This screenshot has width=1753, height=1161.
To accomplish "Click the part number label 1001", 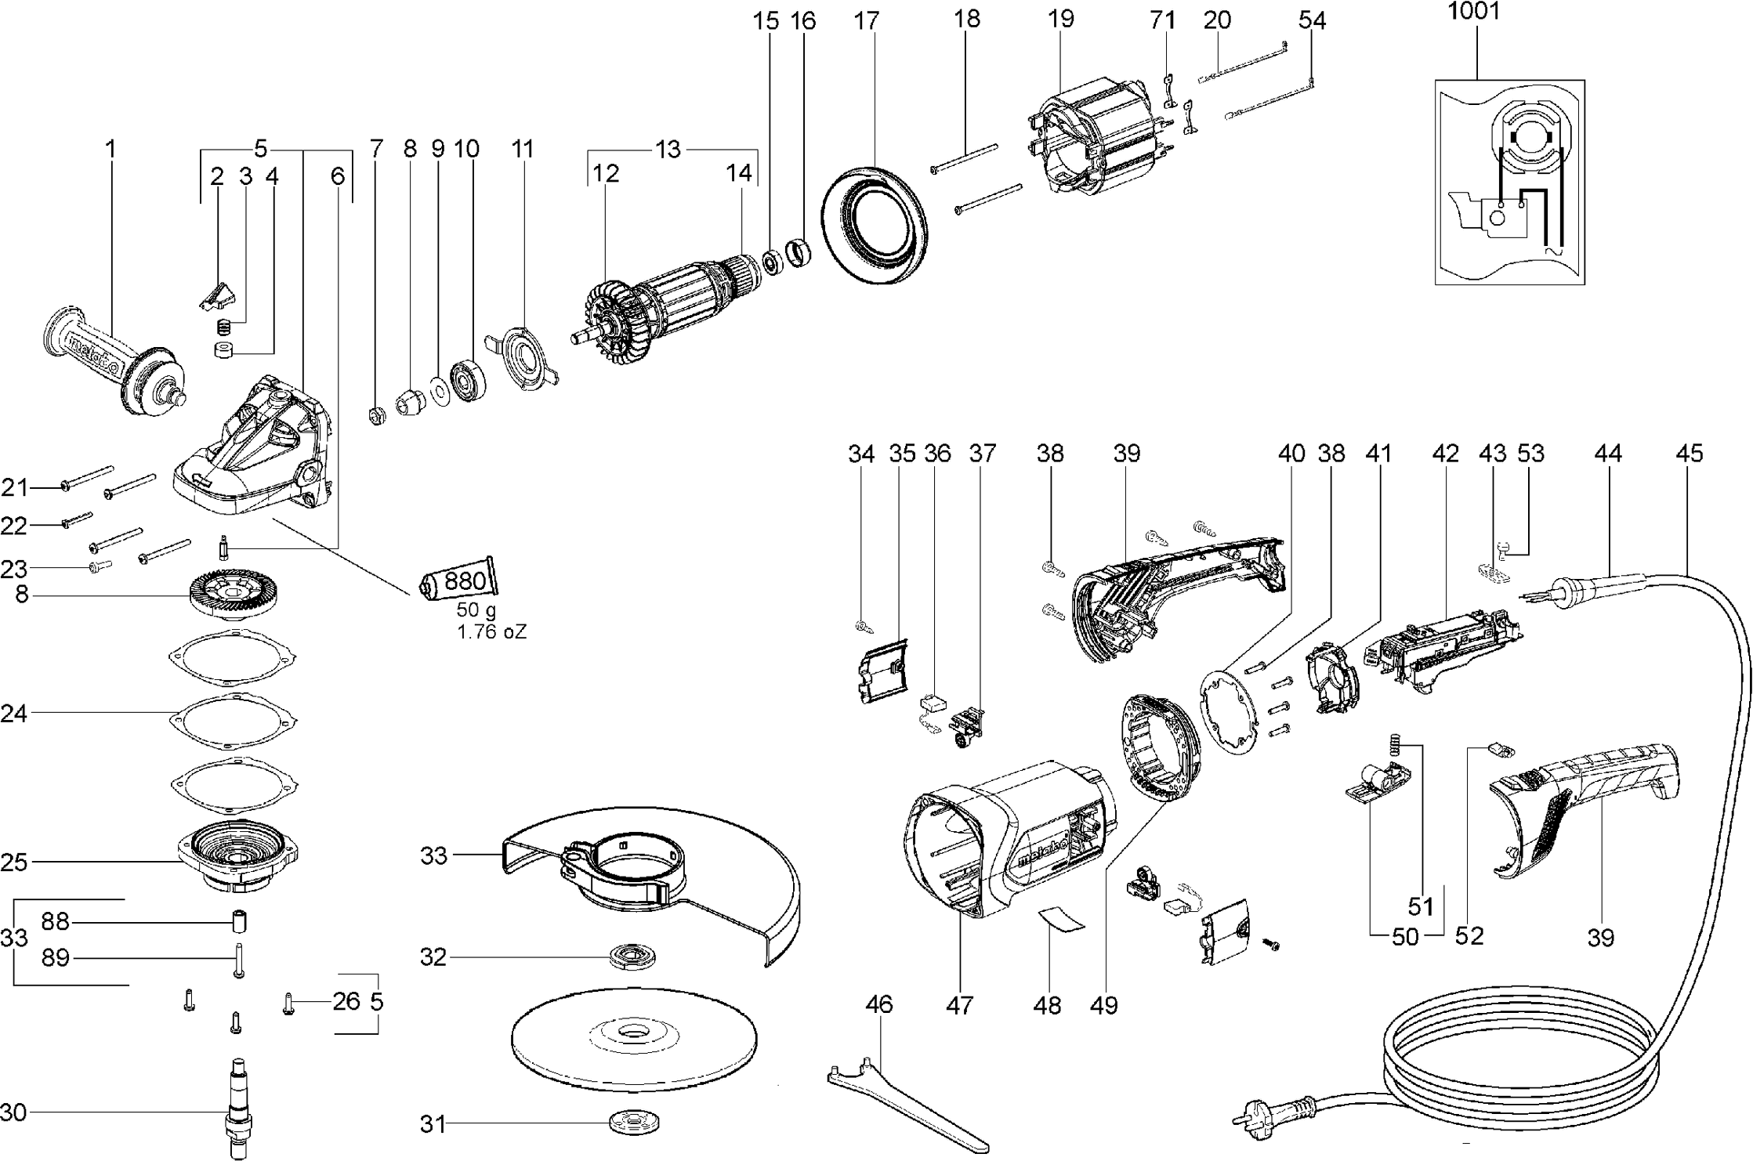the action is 1473,13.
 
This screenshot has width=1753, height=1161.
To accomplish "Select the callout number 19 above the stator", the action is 1061,19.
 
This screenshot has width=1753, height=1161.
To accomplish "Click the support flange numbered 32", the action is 632,957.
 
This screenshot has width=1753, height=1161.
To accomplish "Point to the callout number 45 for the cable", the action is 1690,453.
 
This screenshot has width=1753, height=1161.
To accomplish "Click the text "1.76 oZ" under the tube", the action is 492,631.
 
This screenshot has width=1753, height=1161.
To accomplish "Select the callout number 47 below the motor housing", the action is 959,1004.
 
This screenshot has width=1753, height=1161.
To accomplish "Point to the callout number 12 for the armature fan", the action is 606,173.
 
